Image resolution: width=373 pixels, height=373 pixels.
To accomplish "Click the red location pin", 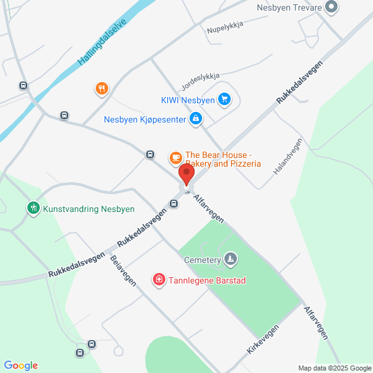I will [x=186, y=175].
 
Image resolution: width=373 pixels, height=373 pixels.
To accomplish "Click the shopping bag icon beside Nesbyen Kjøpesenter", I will [x=196, y=118].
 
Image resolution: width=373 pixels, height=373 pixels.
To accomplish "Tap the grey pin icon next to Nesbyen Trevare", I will [x=332, y=7].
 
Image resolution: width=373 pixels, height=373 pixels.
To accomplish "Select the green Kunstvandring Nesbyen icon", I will [x=33, y=208].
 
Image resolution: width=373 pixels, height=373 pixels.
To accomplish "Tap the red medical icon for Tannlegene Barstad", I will [x=159, y=280].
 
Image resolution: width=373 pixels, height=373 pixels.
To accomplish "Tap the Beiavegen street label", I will [x=123, y=271].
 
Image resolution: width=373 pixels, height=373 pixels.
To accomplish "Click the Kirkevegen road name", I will [x=261, y=339].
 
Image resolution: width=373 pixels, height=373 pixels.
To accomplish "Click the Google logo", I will [x=21, y=366].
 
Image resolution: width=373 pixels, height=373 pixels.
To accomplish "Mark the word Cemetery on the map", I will [x=203, y=260].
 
